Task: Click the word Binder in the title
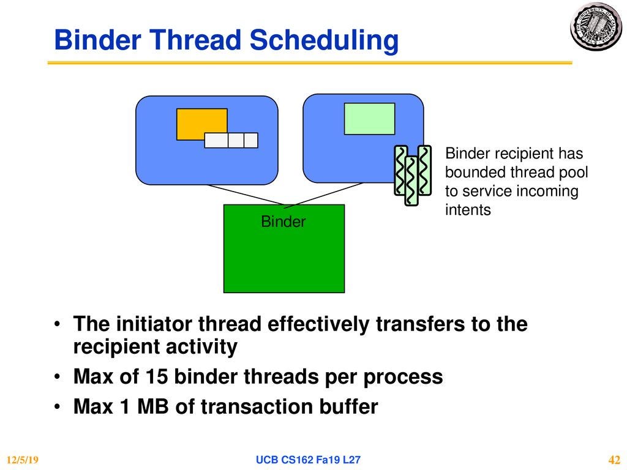pyautogui.click(x=97, y=40)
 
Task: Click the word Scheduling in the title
pyautogui.click(x=324, y=41)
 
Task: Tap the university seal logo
pyautogui.click(x=596, y=26)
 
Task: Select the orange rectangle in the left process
pyautogui.click(x=201, y=124)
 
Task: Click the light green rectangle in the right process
pyautogui.click(x=369, y=119)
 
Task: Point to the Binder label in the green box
pyautogui.click(x=283, y=222)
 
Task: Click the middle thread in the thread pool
pyautogui.click(x=411, y=181)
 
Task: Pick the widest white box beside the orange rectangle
pyautogui.click(x=216, y=140)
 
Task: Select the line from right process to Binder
pyautogui.click(x=324, y=195)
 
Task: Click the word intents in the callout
pyautogui.click(x=468, y=209)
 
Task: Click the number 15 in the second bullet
pyautogui.click(x=156, y=376)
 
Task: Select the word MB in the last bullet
pyautogui.click(x=152, y=406)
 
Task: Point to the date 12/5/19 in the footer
pyautogui.click(x=23, y=460)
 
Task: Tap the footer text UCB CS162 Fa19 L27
pyautogui.click(x=308, y=460)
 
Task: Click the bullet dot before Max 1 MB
pyautogui.click(x=58, y=407)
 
